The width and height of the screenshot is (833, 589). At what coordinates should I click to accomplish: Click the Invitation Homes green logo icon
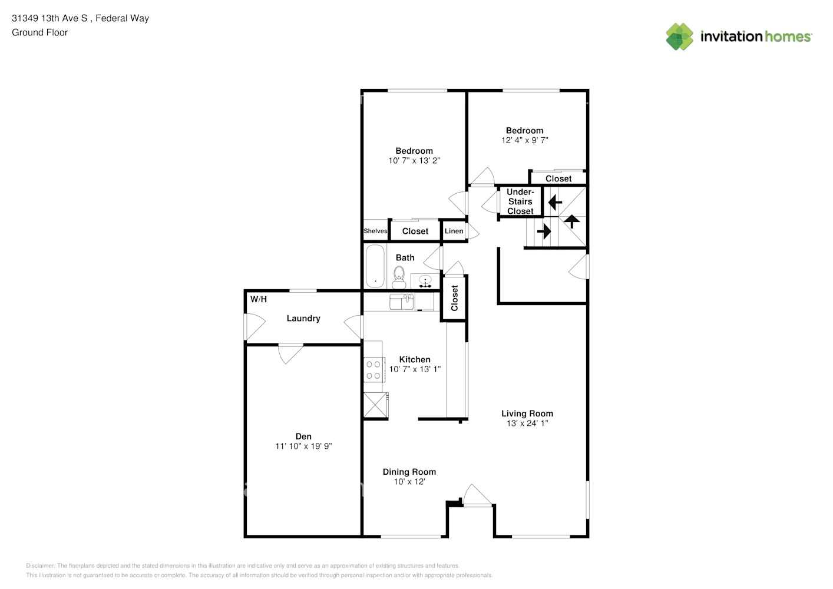click(x=679, y=37)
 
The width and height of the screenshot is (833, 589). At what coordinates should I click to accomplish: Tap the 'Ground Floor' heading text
click(x=40, y=32)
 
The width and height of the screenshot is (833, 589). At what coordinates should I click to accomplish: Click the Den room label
click(x=303, y=436)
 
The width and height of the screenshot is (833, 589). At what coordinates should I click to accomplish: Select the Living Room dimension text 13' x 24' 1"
click(x=527, y=423)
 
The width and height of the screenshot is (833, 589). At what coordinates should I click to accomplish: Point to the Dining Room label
click(x=409, y=472)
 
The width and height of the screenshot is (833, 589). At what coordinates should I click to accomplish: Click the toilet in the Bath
click(x=399, y=277)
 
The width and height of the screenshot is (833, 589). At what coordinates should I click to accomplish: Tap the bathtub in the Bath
click(x=375, y=266)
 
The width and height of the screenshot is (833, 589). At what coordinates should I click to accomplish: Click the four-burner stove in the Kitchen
click(x=373, y=370)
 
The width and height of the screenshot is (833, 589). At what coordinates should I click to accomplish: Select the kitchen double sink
click(x=402, y=302)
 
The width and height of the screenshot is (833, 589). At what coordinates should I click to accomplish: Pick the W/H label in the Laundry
click(x=259, y=299)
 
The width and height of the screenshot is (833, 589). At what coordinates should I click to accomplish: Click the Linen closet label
click(x=454, y=231)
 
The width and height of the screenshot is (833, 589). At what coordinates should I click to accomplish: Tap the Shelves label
click(x=375, y=231)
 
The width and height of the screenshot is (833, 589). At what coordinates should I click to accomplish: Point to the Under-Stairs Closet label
click(x=520, y=201)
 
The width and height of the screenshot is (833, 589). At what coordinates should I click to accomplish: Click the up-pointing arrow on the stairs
click(x=572, y=221)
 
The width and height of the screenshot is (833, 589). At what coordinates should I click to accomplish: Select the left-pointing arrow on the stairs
click(x=555, y=203)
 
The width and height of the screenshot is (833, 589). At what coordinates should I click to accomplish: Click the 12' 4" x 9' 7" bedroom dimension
click(x=525, y=140)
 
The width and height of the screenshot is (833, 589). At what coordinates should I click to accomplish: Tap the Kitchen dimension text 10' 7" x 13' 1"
click(x=415, y=369)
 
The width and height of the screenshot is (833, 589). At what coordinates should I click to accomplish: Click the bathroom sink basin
click(x=425, y=279)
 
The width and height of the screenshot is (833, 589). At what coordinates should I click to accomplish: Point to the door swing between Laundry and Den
click(x=290, y=353)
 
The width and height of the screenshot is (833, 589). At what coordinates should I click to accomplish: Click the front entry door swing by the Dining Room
click(x=478, y=495)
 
